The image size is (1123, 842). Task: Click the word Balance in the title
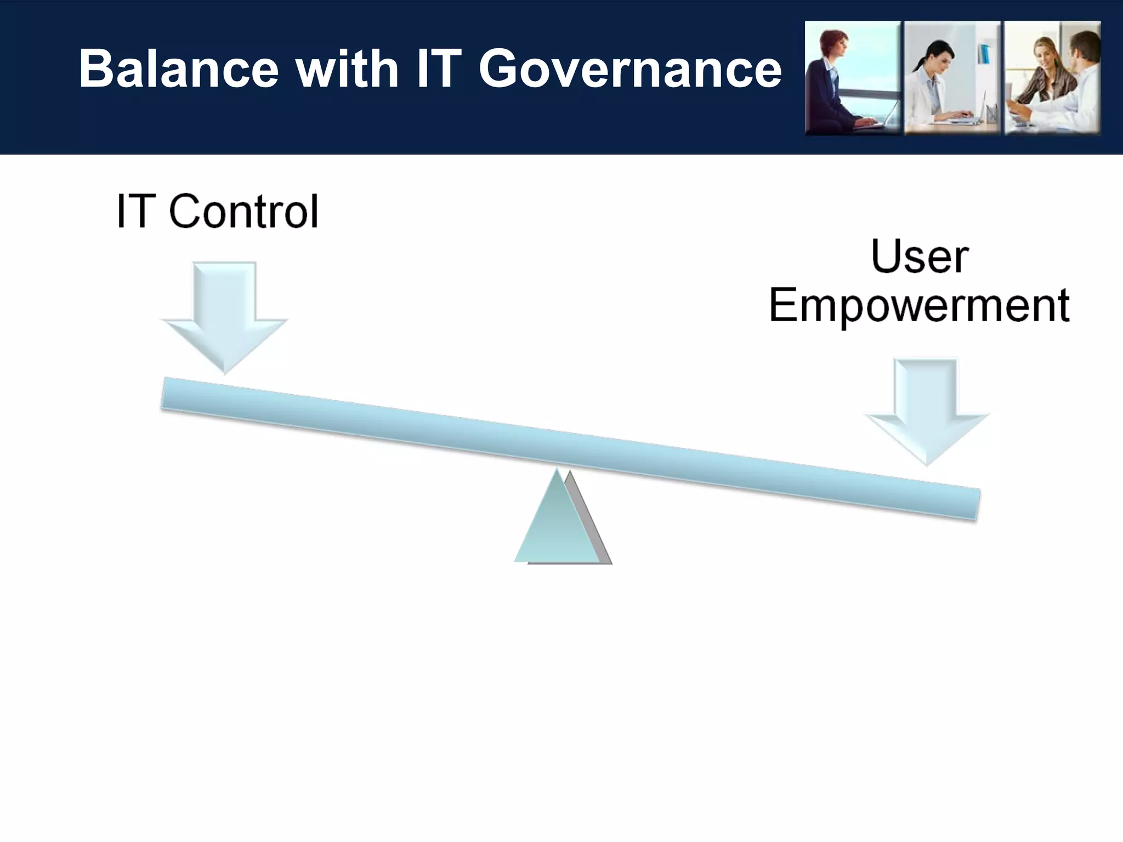[x=179, y=69]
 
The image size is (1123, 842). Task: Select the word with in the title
[x=347, y=69]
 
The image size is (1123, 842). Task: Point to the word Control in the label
[x=243, y=212]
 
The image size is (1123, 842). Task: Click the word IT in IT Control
[x=133, y=212]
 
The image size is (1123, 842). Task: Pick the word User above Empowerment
[x=920, y=257]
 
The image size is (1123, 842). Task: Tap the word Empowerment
[x=919, y=306]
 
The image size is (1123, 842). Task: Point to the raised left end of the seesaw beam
[x=181, y=395]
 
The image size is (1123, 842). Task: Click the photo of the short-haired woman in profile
[x=852, y=78]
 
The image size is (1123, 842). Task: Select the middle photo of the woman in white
[x=952, y=78]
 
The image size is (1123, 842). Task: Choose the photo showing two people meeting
[x=1052, y=78]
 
